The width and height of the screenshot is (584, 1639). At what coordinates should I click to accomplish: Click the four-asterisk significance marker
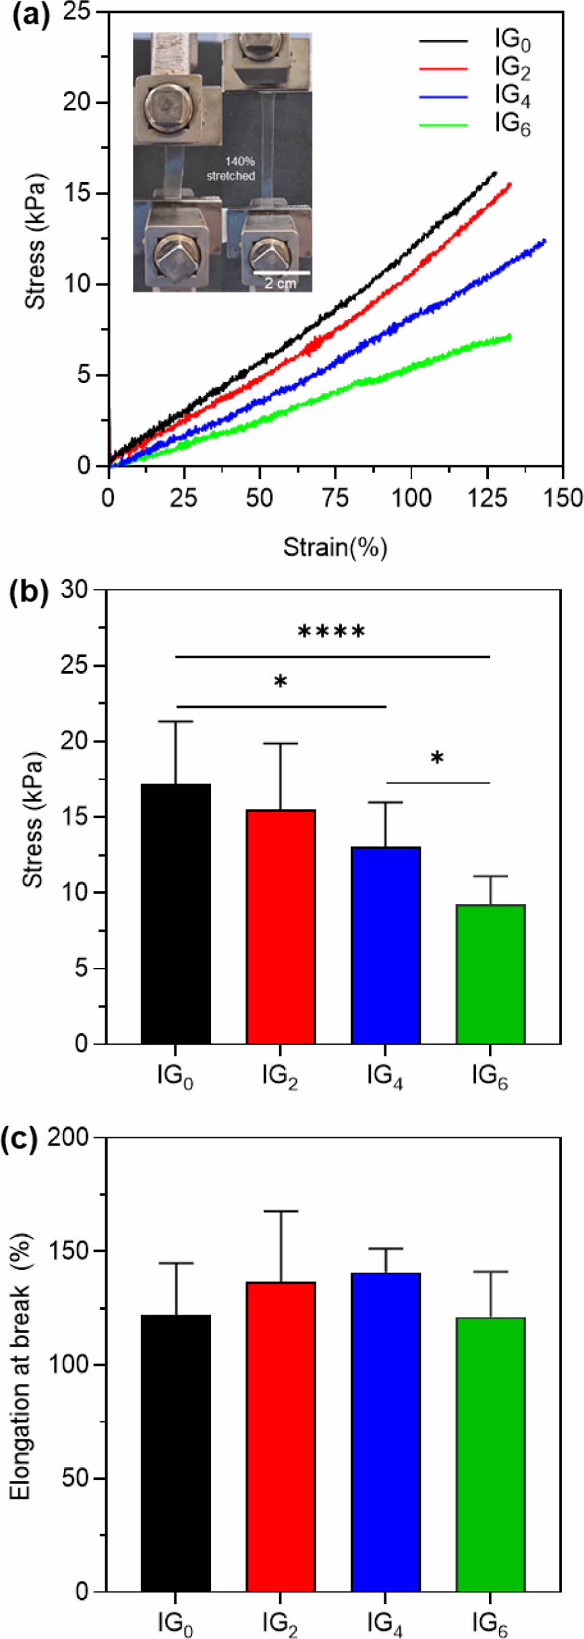(x=332, y=633)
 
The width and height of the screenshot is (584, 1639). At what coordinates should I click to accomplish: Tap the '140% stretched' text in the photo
(x=231, y=169)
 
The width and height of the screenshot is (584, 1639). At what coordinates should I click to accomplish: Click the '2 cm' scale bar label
(x=280, y=283)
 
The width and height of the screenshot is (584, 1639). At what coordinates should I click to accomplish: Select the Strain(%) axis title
(x=335, y=546)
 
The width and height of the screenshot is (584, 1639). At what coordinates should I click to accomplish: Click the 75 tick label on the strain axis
(x=335, y=499)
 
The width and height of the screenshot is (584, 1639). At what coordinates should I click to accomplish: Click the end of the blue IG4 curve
(x=544, y=241)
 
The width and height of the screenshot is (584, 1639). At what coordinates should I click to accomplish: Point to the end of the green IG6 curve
(x=509, y=337)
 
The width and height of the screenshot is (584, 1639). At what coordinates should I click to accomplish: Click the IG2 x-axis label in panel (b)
(x=280, y=1077)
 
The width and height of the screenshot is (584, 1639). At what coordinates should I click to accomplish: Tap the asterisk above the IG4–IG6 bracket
(x=437, y=759)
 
